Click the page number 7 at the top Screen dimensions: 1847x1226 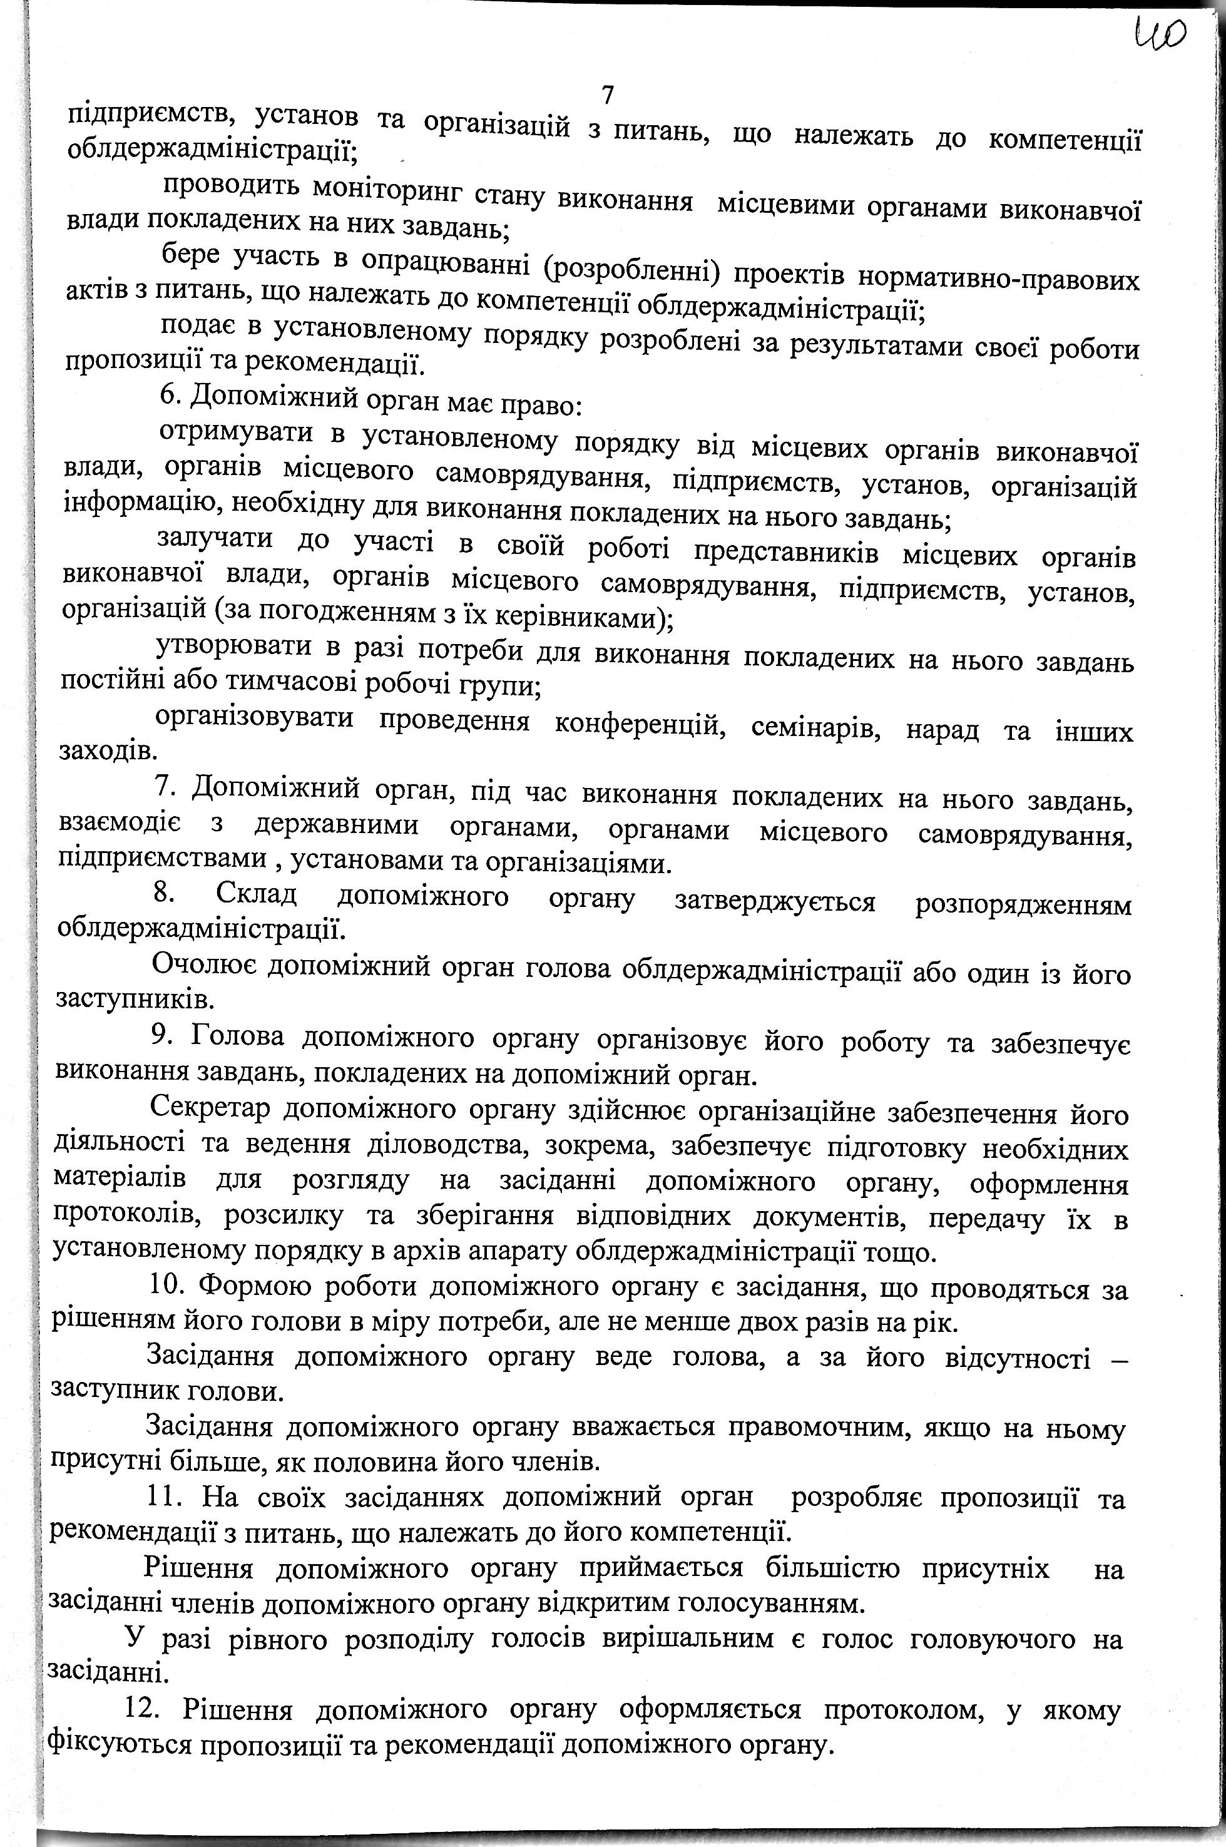(608, 95)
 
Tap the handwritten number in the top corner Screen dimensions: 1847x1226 (1160, 35)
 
